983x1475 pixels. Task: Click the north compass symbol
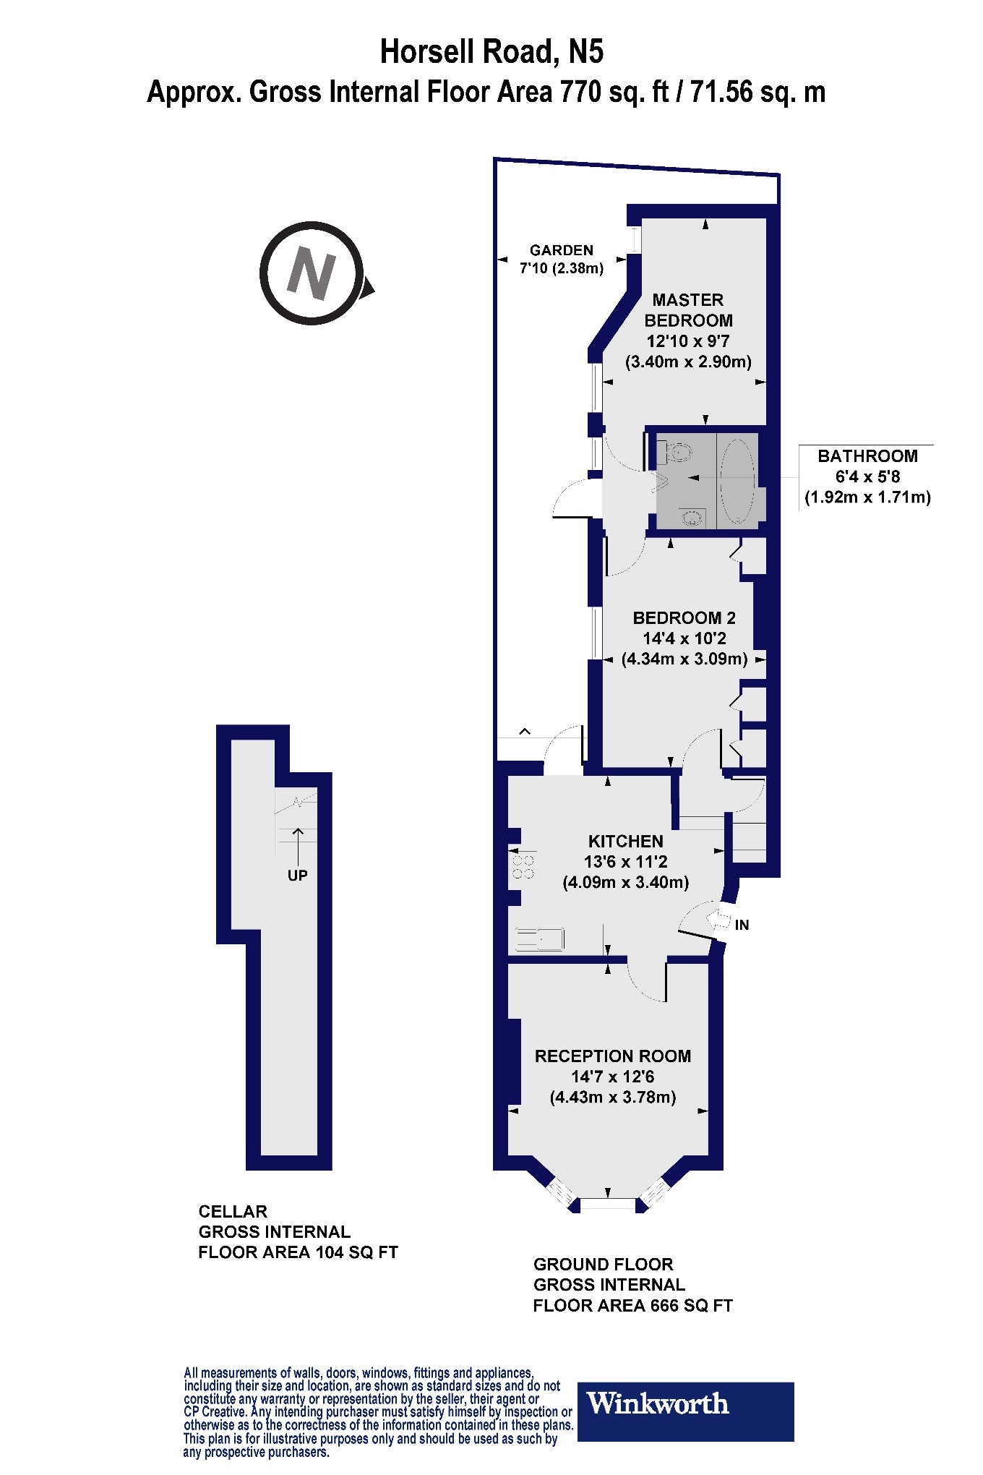(312, 273)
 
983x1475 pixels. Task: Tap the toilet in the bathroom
(677, 453)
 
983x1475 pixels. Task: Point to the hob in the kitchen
(523, 867)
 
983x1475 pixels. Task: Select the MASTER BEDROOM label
(688, 310)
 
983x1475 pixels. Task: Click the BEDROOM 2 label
(684, 617)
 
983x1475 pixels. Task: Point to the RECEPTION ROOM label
(613, 1056)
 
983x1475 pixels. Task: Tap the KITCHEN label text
(625, 841)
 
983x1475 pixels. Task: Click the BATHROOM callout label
(867, 456)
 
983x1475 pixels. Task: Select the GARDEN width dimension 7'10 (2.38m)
(561, 268)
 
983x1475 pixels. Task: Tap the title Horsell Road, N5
(491, 52)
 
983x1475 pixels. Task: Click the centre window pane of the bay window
(608, 1204)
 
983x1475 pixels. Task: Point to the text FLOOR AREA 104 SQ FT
(298, 1252)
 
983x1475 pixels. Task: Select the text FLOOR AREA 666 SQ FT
(632, 1305)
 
